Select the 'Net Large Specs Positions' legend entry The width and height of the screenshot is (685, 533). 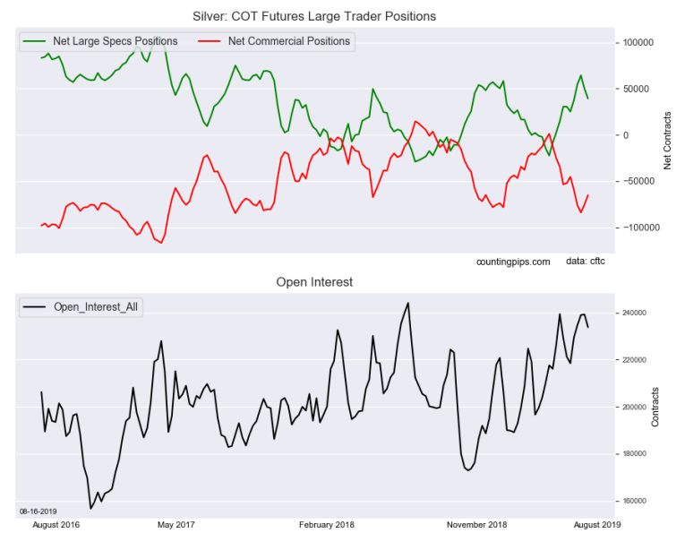pyautogui.click(x=115, y=41)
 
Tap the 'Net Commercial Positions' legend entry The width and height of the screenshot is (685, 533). pyautogui.click(x=289, y=41)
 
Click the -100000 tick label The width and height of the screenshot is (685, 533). pyautogui.click(x=640, y=228)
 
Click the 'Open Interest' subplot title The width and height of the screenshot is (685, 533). pyautogui.click(x=313, y=282)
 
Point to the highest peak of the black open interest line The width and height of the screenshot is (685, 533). pyautogui.click(x=408, y=303)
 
